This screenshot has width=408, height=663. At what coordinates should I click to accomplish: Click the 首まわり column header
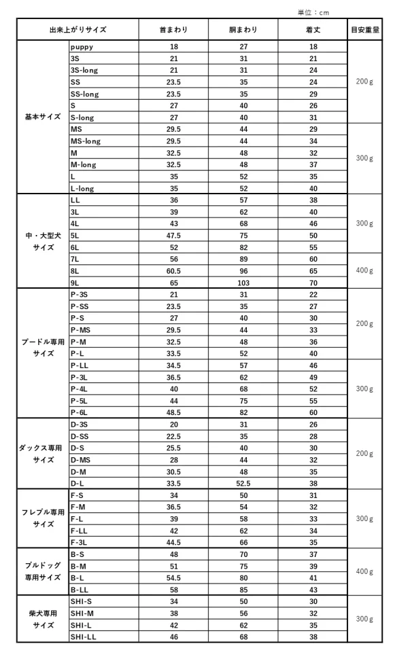pos(173,30)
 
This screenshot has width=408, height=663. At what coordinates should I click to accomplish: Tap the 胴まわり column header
pos(243,30)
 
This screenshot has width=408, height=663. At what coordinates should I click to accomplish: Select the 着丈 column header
pos(313,30)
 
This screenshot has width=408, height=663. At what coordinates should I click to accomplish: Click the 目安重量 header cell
pos(365,30)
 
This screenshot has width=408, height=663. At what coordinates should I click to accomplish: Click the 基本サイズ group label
pos(43,118)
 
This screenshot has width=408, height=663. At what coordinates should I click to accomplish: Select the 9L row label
pos(75,282)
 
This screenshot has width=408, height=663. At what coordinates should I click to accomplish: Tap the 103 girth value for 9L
pos(243,282)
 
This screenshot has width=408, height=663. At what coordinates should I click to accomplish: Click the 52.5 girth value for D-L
pos(243,483)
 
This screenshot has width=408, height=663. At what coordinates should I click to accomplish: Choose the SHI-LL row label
pos(82,637)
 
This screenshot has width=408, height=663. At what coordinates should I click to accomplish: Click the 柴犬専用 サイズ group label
pos(43,619)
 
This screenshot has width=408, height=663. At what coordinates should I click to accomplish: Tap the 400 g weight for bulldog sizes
pos(365,572)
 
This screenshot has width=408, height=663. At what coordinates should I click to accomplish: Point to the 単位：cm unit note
pos(313,12)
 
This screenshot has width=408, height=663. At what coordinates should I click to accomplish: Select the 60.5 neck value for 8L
pos(173,270)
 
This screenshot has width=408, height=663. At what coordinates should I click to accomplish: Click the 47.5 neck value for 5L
pos(173,235)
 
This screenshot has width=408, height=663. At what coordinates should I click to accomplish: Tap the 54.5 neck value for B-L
pos(173,577)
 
